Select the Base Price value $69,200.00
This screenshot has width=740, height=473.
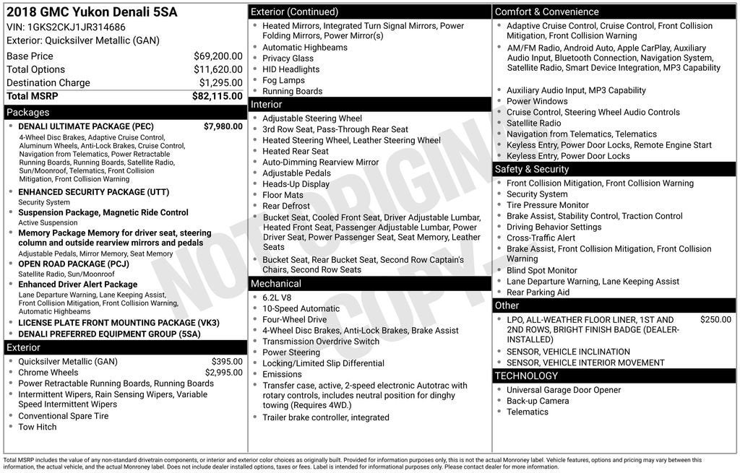click(218, 56)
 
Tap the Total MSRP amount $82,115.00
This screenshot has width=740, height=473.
click(217, 96)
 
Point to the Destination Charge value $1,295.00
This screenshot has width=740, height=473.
click(220, 82)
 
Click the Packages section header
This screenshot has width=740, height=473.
click(28, 112)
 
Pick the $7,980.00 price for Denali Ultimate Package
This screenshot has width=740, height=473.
click(223, 126)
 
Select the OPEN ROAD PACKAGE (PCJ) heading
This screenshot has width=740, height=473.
click(72, 264)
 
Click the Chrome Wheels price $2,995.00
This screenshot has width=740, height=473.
click(223, 373)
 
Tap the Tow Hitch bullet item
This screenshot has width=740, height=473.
click(37, 427)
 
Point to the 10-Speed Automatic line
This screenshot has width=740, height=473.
click(301, 308)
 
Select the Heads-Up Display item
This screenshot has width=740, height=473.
click(296, 184)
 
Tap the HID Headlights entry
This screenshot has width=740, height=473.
click(291, 69)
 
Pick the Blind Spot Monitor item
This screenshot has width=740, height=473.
click(541, 270)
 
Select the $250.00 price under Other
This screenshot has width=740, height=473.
click(715, 319)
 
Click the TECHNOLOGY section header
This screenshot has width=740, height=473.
click(526, 376)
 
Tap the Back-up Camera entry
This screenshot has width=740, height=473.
click(537, 401)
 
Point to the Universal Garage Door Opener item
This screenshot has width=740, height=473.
click(563, 390)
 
